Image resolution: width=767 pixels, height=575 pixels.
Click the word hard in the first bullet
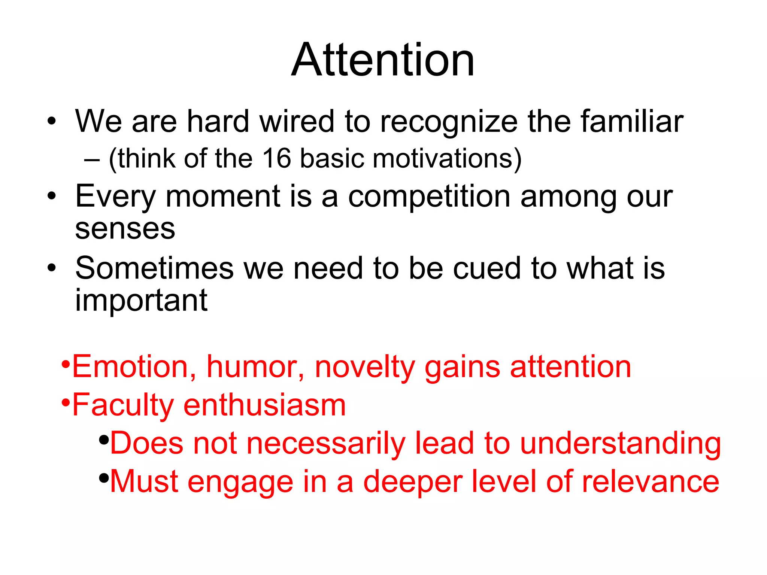tap(218, 121)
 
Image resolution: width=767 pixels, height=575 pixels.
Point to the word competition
tap(429, 197)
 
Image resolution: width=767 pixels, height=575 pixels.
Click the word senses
tap(125, 229)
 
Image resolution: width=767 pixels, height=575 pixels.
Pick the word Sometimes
tap(154, 268)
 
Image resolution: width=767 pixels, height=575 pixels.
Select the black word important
tap(141, 301)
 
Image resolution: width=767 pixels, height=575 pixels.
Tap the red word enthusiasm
tap(264, 405)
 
